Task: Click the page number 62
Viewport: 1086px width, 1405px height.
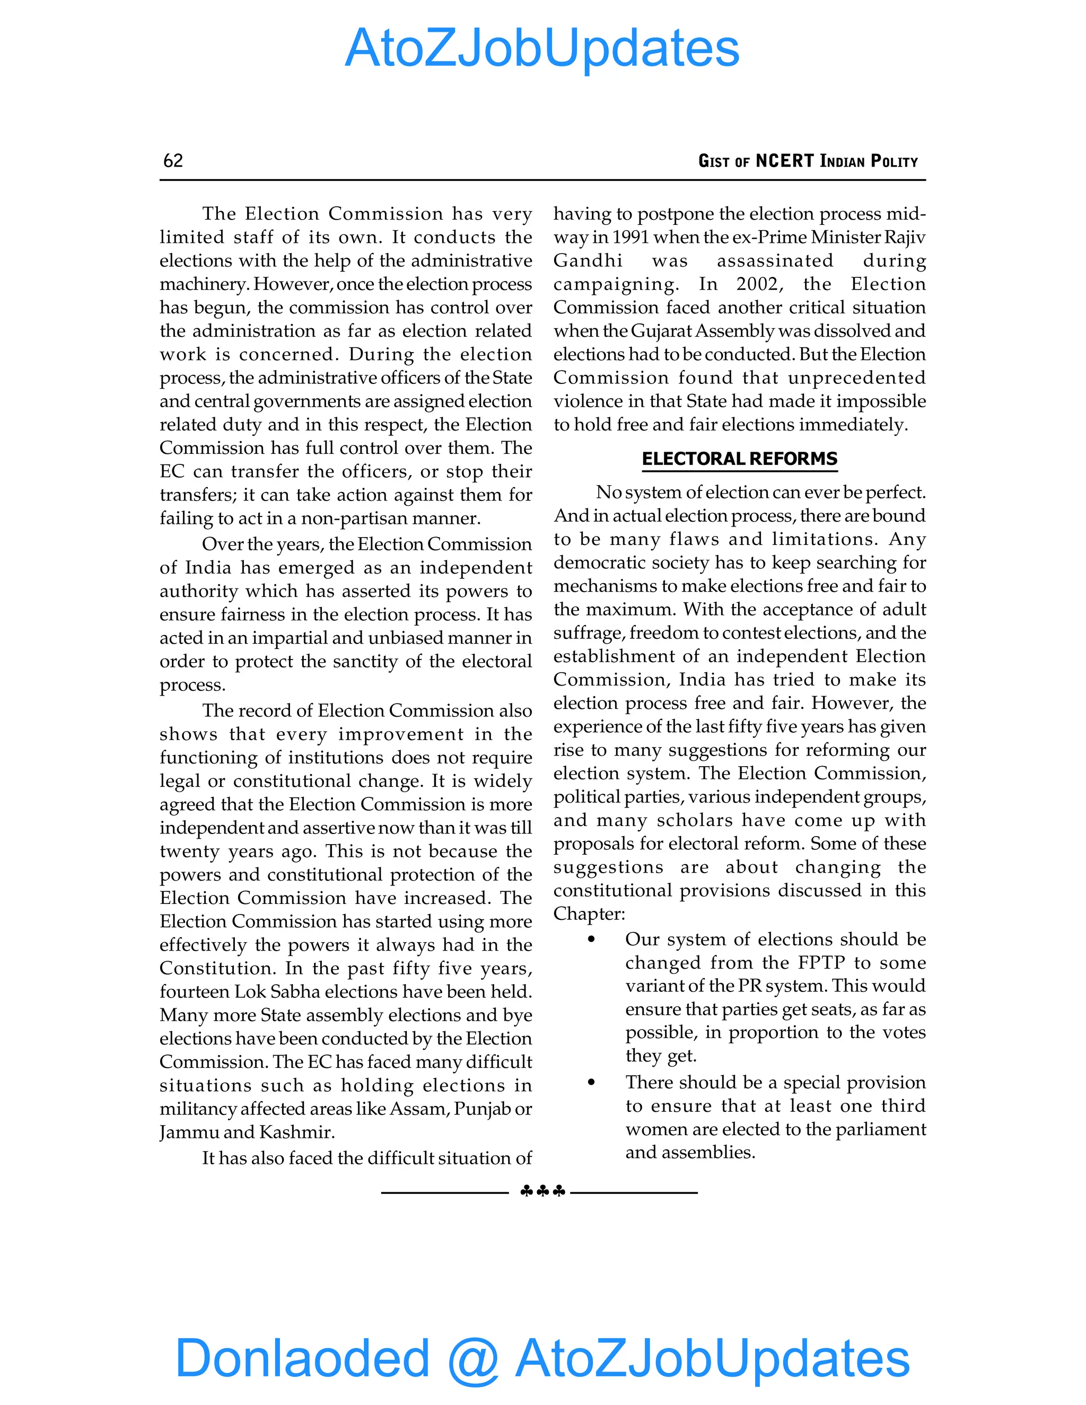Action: click(173, 161)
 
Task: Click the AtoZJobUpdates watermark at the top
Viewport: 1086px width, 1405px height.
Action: click(542, 48)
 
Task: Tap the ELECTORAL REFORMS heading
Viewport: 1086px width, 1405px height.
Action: click(739, 459)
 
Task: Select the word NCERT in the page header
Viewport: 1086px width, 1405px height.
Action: click(784, 161)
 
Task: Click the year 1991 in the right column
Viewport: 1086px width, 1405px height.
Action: click(630, 238)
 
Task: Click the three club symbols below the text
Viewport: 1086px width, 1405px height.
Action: click(542, 1191)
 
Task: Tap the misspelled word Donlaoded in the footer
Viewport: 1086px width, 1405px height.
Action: click(302, 1358)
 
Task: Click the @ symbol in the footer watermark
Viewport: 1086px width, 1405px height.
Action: click(473, 1358)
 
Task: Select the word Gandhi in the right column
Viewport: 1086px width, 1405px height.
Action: click(588, 261)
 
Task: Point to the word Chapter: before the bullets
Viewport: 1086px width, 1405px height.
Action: click(589, 914)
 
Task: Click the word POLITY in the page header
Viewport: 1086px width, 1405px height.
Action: click(894, 161)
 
